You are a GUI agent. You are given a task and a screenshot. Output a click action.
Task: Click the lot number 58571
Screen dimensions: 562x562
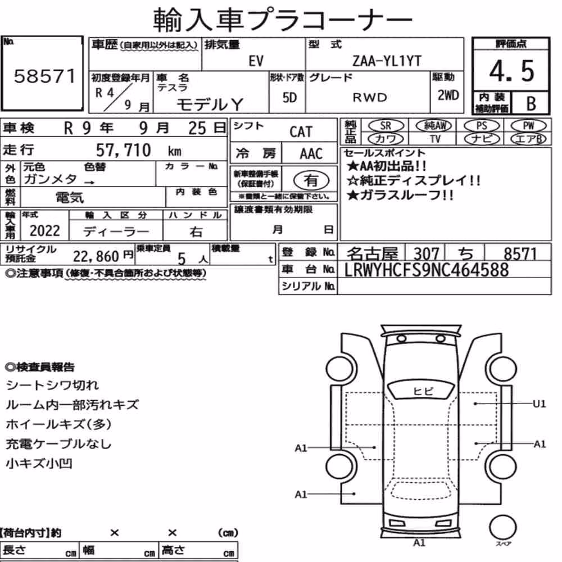tap(45, 76)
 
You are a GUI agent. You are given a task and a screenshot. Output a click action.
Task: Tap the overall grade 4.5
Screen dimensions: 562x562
tap(511, 71)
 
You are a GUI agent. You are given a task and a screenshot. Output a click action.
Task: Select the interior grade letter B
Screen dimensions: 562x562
tap(531, 103)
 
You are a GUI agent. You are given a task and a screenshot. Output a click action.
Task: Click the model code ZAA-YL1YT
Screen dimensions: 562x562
tap(387, 61)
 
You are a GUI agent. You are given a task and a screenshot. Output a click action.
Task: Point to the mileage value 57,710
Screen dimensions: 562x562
tap(123, 150)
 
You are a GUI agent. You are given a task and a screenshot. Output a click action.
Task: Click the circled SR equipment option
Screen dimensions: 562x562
tap(386, 125)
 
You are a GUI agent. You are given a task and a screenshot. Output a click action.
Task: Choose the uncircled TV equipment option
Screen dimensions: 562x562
tap(435, 139)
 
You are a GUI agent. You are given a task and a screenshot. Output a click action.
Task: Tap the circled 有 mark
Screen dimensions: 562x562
tap(311, 180)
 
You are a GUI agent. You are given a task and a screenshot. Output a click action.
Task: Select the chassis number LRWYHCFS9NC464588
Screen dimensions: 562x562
tap(426, 270)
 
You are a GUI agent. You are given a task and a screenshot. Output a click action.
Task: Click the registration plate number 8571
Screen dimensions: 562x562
tap(520, 254)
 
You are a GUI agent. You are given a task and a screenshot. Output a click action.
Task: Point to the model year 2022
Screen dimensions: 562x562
tap(45, 230)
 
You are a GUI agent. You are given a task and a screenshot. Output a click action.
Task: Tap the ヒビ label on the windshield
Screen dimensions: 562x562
tap(423, 391)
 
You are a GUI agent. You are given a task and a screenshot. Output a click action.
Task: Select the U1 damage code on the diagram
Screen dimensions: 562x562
tap(539, 404)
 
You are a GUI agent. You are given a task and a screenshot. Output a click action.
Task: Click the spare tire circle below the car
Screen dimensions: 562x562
tap(502, 527)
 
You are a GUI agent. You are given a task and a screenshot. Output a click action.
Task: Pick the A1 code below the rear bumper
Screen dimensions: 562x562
tap(419, 543)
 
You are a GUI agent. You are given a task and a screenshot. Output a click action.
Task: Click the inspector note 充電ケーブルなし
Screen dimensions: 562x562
tap(58, 444)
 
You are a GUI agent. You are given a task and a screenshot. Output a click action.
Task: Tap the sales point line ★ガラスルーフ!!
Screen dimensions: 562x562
tap(400, 196)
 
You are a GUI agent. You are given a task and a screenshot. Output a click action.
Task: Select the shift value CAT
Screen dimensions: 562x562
tap(301, 132)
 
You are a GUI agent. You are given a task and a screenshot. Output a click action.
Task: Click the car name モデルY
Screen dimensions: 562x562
tap(210, 105)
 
